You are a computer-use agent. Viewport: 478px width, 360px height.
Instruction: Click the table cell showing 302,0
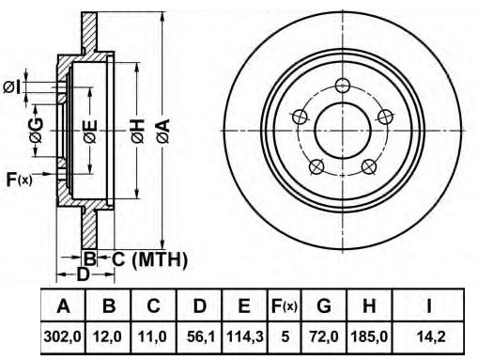pyautogui.click(x=63, y=337)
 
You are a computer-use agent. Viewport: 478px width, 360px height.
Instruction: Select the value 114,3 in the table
pyautogui.click(x=245, y=337)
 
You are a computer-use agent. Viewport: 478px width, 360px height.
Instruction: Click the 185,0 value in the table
pyautogui.click(x=369, y=337)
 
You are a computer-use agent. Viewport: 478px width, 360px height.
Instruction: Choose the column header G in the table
pyautogui.click(x=324, y=305)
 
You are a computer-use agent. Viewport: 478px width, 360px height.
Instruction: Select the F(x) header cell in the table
pyautogui.click(x=285, y=305)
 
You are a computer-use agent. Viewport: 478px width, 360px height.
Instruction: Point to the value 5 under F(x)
pyautogui.click(x=285, y=337)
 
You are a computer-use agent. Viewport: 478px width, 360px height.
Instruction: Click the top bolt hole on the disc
pyautogui.click(x=343, y=86)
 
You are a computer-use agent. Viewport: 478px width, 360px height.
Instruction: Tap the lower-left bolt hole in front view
pyautogui.click(x=316, y=166)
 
